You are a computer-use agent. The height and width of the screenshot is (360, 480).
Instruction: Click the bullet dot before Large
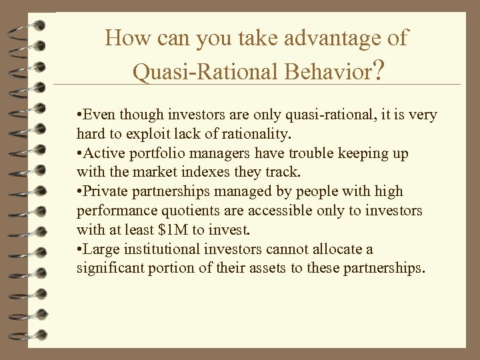tap(79, 250)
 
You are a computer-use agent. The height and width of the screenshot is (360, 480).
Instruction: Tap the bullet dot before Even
tap(79, 115)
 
